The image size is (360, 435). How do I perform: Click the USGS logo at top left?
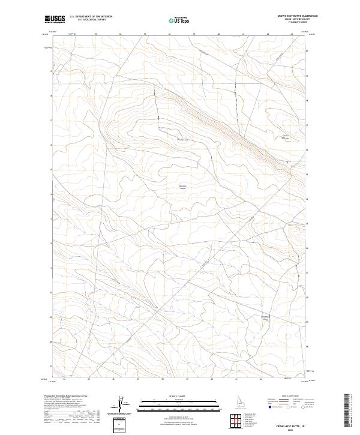tap(55, 20)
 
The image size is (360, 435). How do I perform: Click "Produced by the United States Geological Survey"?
tap(71, 397)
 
